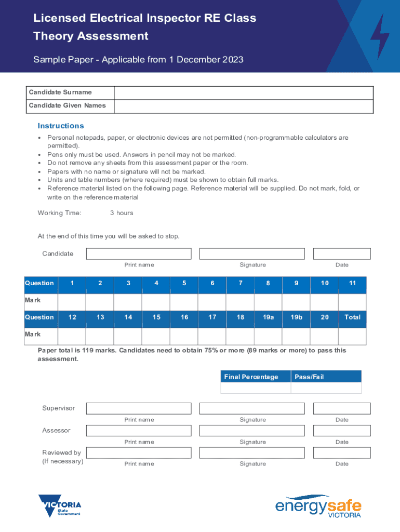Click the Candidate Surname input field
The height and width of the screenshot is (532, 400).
[x=243, y=92]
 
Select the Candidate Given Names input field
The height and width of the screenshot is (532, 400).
[x=243, y=106]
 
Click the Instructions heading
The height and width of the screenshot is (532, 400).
[x=61, y=126]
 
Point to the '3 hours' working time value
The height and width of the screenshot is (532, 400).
[x=122, y=213]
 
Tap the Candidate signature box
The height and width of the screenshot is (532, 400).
[x=252, y=254]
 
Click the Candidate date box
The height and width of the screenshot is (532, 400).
[x=341, y=254]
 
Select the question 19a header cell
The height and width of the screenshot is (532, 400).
[x=268, y=317]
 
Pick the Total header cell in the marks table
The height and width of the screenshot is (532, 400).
[x=352, y=317]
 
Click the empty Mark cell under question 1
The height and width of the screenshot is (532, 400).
[x=72, y=302]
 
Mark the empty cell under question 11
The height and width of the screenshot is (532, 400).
[x=352, y=302]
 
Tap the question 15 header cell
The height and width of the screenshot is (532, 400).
[x=156, y=317]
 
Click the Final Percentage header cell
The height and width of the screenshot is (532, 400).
[x=256, y=377]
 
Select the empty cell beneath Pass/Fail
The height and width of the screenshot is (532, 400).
[x=326, y=388]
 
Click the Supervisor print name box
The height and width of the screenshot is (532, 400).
[x=139, y=408]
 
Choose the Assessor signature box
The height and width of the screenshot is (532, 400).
[x=252, y=431]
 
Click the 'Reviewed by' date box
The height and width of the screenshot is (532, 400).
[x=341, y=453]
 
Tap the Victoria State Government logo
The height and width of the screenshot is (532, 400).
[x=60, y=506]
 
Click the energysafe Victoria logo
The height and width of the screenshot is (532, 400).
[x=318, y=506]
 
